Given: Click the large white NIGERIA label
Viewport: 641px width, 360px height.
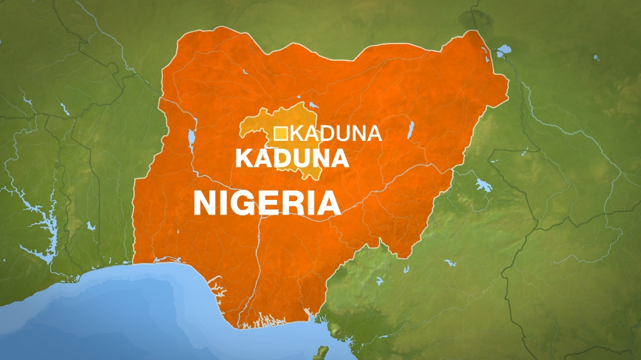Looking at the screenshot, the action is click(x=267, y=203).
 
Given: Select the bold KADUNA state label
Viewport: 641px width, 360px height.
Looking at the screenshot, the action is click(x=292, y=158).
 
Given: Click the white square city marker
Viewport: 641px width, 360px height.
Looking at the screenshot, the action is click(x=280, y=133).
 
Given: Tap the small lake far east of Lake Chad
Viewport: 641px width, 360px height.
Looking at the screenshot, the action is click(x=596, y=58).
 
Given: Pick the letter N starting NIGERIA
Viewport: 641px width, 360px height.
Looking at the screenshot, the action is click(x=207, y=203).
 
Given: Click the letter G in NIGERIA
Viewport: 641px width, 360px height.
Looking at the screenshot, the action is click(x=247, y=203).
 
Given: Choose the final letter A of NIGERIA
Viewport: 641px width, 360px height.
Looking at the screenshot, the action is click(x=327, y=203).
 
